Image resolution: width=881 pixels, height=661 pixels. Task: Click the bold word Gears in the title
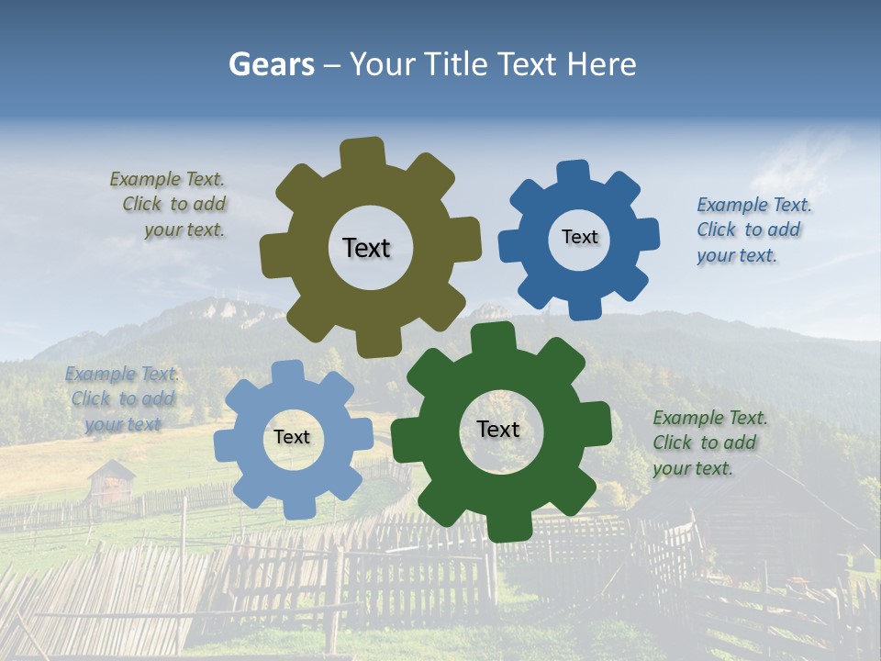tap(270, 64)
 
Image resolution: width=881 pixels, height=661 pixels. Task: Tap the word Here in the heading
tap(602, 64)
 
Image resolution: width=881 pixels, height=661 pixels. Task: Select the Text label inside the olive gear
tap(366, 248)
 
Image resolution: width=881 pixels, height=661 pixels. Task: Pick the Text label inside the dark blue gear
tap(579, 237)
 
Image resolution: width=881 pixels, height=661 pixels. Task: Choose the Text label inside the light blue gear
tap(292, 437)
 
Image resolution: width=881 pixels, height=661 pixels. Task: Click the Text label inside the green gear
tap(498, 429)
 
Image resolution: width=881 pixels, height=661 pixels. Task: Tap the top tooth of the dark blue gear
tap(574, 173)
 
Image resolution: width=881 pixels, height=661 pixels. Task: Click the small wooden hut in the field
tap(111, 481)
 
